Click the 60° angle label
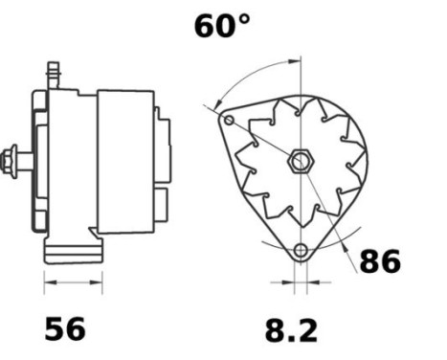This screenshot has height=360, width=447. [221, 26]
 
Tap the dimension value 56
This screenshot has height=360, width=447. [65, 328]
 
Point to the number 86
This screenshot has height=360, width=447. [380, 260]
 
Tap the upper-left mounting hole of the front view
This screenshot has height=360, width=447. [229, 121]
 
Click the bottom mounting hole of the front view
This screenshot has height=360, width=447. [301, 251]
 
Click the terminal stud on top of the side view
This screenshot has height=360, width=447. [54, 75]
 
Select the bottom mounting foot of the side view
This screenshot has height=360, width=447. [73, 251]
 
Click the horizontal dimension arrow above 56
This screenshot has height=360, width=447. [74, 283]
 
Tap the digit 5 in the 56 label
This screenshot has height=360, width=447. [56, 328]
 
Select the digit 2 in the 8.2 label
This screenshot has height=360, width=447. [306, 330]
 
